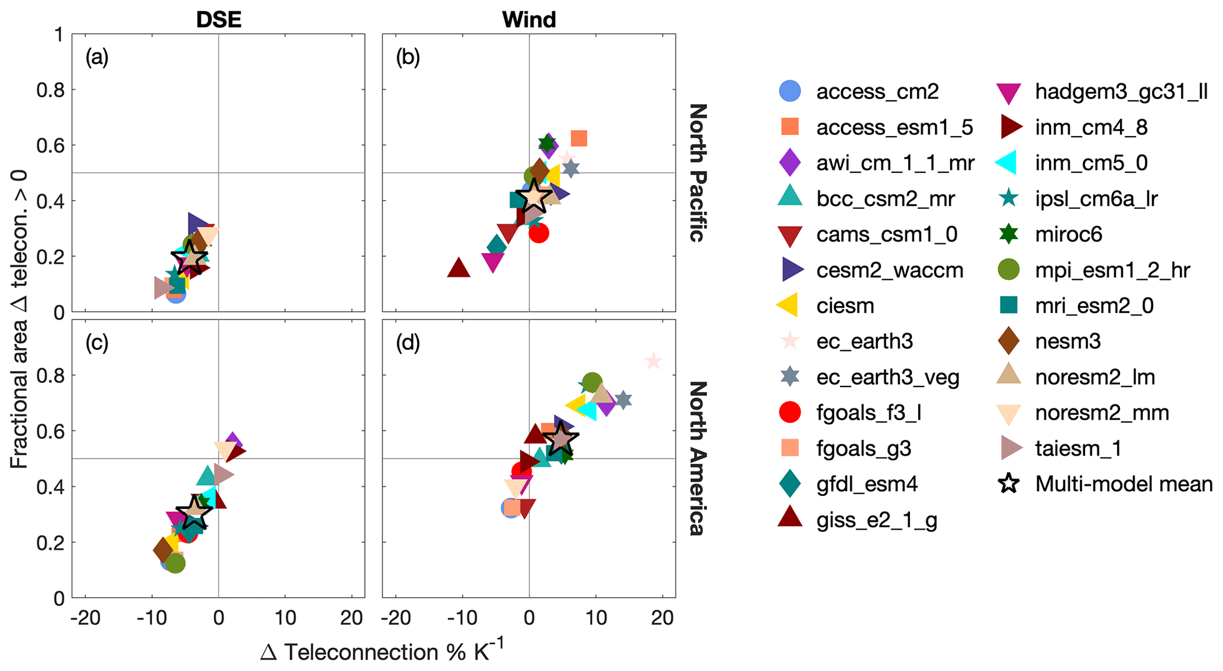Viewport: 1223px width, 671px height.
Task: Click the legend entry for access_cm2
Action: [877, 92]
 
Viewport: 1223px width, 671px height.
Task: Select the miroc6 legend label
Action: [1069, 235]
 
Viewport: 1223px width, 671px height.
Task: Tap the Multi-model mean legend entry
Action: [1123, 484]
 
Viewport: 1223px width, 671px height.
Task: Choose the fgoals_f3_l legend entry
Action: [869, 412]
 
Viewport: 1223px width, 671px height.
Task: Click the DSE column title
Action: [218, 20]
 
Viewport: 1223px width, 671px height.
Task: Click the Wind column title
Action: [528, 20]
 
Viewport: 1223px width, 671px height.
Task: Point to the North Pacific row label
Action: [698, 173]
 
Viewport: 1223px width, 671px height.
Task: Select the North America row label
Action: [698, 459]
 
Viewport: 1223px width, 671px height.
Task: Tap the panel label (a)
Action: [96, 57]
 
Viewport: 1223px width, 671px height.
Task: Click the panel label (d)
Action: [408, 343]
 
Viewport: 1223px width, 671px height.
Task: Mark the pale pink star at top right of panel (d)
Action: [653, 361]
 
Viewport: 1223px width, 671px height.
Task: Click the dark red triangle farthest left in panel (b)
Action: [459, 269]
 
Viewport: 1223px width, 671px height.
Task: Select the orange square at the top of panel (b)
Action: [579, 138]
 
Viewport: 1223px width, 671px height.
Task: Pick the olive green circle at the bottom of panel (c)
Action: [175, 563]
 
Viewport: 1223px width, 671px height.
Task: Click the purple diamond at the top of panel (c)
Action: [233, 442]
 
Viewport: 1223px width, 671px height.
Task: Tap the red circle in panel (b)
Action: [538, 233]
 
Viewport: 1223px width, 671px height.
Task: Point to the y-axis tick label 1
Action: [59, 35]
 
